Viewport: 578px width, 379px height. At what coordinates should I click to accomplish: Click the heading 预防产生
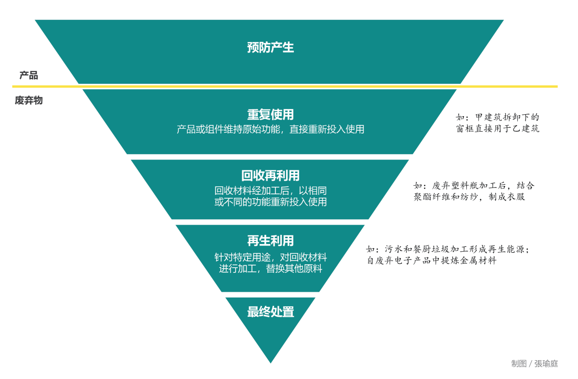point(270,48)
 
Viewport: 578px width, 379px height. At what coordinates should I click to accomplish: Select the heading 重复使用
point(270,115)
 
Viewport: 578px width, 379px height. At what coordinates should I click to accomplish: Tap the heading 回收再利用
point(270,176)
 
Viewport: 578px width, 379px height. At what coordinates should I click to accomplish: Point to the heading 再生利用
point(270,241)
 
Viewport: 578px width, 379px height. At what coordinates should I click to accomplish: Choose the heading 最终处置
point(270,311)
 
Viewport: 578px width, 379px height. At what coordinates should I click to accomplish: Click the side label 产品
point(28,75)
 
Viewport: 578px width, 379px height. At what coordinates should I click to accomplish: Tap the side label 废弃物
point(28,100)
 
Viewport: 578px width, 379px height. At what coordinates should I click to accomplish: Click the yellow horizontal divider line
point(285,86)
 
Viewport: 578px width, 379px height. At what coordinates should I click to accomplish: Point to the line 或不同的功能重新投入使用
point(270,202)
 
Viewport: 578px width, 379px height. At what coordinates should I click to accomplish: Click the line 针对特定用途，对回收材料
point(270,257)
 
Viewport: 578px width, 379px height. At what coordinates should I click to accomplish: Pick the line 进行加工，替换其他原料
point(270,269)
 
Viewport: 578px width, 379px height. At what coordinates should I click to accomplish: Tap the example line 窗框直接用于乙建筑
point(498,128)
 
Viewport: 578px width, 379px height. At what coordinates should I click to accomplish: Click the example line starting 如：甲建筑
point(498,117)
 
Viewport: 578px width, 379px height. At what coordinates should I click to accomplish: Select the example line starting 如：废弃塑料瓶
point(474,186)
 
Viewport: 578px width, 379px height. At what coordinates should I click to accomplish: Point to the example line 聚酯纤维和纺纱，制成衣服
point(469,197)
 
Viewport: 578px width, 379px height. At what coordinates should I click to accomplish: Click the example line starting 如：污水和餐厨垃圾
point(448,249)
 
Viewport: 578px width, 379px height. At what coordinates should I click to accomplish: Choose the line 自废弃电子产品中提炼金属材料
point(432,260)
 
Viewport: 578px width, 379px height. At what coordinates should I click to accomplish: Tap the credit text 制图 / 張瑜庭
point(534,364)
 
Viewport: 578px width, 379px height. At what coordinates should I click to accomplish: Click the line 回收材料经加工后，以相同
point(270,190)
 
